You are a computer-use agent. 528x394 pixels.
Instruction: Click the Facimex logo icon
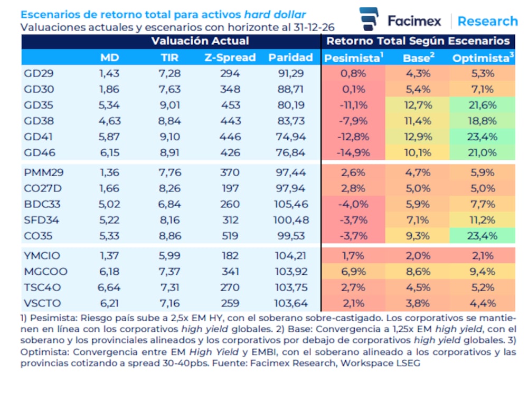pyautogui.click(x=369, y=19)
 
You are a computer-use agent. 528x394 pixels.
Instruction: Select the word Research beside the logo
pyautogui.click(x=487, y=21)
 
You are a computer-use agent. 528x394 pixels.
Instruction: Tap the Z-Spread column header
pyautogui.click(x=230, y=57)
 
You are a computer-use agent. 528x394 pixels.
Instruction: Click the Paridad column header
pyautogui.click(x=290, y=57)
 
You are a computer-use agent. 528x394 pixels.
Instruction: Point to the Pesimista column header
pyautogui.click(x=354, y=58)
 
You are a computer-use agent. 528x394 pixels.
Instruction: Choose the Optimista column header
pyautogui.click(x=483, y=58)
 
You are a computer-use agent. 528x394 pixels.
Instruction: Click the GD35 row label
pyautogui.click(x=39, y=105)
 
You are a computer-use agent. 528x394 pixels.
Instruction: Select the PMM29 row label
pyautogui.click(x=43, y=172)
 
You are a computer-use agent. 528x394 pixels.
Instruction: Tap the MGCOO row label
pyautogui.click(x=45, y=271)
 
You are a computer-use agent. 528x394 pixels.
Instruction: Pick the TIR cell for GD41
pyautogui.click(x=169, y=137)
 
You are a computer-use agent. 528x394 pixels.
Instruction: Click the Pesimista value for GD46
pyautogui.click(x=353, y=153)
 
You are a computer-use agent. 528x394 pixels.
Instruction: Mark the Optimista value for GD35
pyautogui.click(x=483, y=105)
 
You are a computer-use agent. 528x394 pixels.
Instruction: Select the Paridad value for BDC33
pyautogui.click(x=291, y=204)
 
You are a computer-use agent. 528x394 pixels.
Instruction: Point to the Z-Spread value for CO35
pyautogui.click(x=230, y=236)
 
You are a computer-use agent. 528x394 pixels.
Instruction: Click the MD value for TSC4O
pyautogui.click(x=109, y=287)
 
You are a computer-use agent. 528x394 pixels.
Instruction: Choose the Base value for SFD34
pyautogui.click(x=418, y=220)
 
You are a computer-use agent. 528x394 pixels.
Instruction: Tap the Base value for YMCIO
pyautogui.click(x=418, y=256)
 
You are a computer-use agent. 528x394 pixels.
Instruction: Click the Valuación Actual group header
pyautogui.click(x=200, y=41)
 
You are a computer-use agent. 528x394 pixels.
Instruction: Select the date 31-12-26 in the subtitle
pyautogui.click(x=314, y=27)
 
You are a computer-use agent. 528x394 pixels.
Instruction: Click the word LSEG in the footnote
pyautogui.click(x=409, y=363)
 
